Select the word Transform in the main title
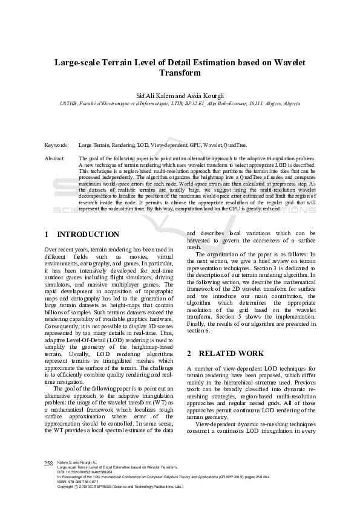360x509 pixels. click(180, 73)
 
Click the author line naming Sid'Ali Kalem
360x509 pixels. click(180, 96)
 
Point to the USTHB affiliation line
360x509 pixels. click(180, 103)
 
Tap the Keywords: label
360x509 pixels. click(57, 146)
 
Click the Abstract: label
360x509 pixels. click(55, 158)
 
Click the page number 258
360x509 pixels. click(49, 464)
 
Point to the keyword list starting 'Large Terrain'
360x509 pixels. click(162, 146)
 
